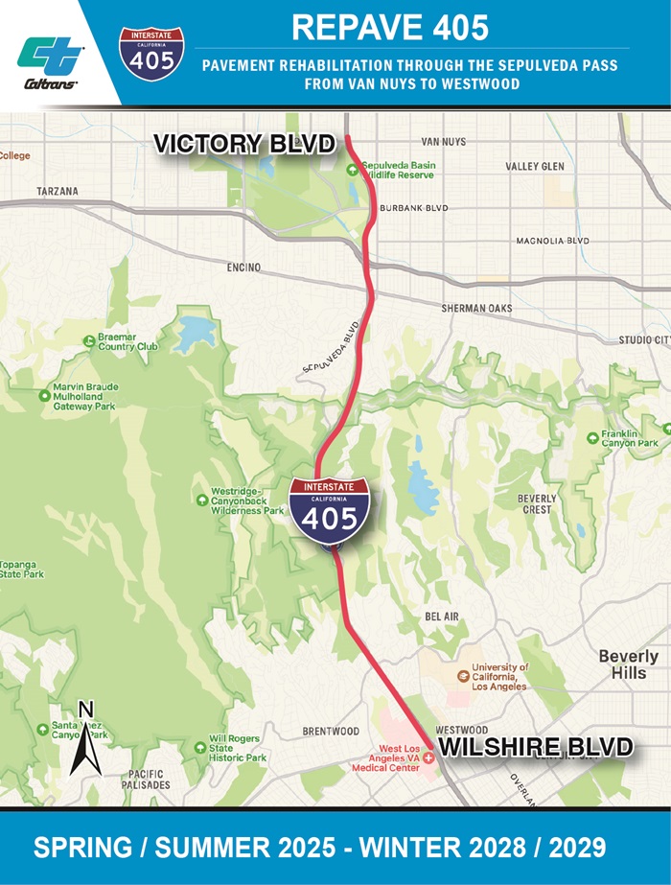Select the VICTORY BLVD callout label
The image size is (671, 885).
[245, 144]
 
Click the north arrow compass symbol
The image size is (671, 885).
[86, 740]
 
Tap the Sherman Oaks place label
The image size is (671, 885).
[476, 309]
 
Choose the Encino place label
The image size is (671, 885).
[243, 268]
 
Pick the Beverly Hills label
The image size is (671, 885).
[628, 664]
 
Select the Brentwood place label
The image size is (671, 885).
[331, 732]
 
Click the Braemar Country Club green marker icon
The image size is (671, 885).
[89, 338]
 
